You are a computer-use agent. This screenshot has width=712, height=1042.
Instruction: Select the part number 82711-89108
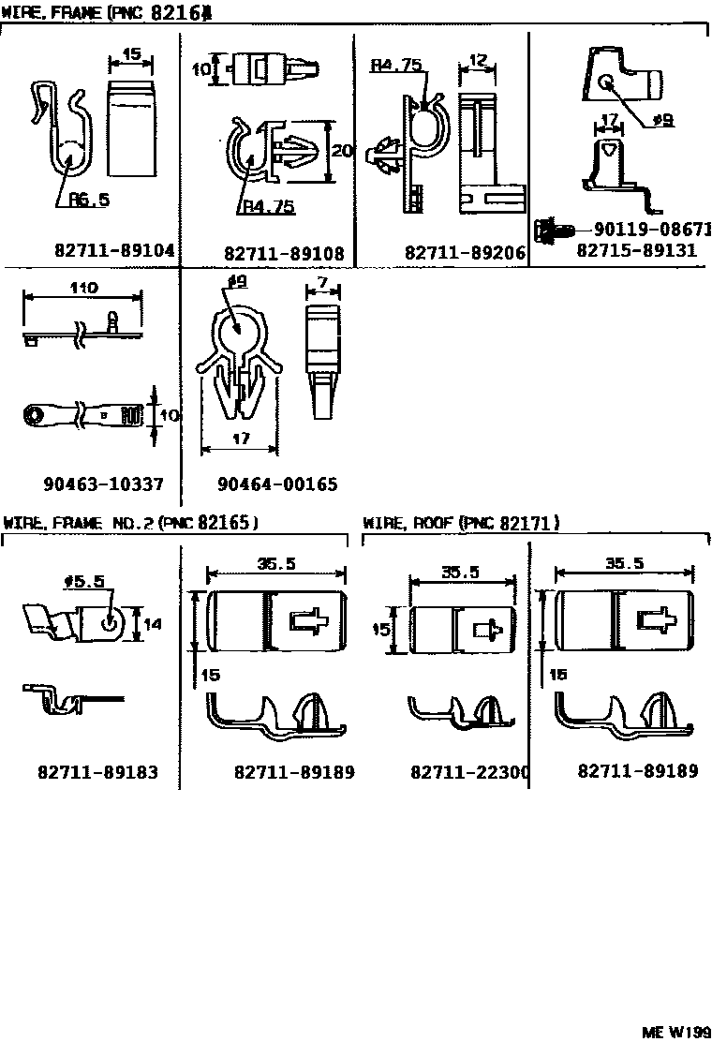pos(284,253)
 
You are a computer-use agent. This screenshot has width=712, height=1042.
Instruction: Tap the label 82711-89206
pos(465,253)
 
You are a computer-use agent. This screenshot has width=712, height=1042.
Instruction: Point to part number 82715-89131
pos(636,251)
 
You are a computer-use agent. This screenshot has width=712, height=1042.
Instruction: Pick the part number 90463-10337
pos(103,484)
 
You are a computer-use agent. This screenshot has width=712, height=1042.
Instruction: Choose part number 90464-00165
pos(277,484)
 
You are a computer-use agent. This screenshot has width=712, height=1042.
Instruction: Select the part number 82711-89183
pos(97,772)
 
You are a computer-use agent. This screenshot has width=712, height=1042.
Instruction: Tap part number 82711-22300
pos(470,772)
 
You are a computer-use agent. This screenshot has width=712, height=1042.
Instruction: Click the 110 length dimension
pos(82,290)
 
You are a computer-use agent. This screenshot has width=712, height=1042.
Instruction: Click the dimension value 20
pos(342,151)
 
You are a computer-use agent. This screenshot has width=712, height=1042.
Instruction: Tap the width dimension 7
pos(321,283)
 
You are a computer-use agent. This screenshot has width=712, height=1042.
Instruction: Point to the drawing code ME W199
pos(675,1031)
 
